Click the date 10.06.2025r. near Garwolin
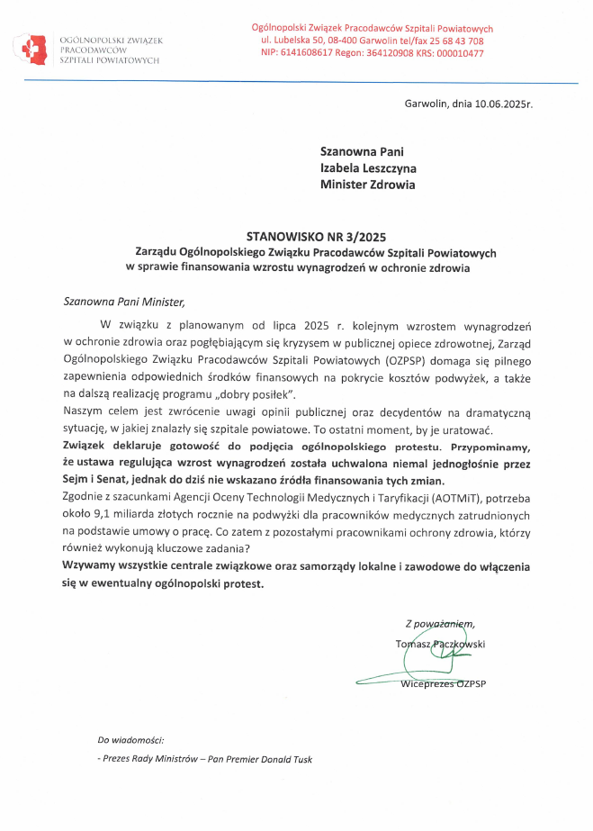[x=499, y=104]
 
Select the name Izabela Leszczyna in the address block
[x=368, y=168]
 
